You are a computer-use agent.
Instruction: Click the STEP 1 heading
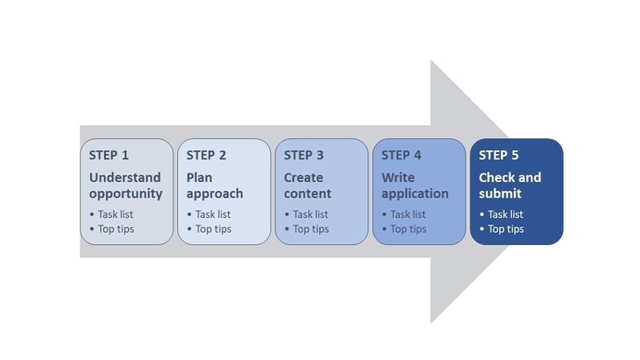pos(109,155)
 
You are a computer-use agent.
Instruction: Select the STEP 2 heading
pos(206,155)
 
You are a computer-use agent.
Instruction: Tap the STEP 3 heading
pos(304,155)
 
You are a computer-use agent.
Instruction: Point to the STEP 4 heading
pos(402,155)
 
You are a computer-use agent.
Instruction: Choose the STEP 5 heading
pos(499,155)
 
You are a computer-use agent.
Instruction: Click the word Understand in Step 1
pos(125,177)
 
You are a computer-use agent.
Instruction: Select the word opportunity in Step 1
pos(126,194)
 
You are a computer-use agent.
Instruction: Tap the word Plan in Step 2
pos(199,177)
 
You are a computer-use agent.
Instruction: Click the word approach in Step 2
pos(214,194)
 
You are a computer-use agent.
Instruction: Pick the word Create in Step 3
pos(303,177)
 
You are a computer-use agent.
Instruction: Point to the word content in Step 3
pos(307,194)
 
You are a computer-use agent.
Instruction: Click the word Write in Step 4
pos(398,177)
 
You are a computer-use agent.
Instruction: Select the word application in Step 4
pos(415,194)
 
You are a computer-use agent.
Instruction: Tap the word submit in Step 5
pos(500,194)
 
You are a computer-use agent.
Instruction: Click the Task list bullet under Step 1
pos(115,214)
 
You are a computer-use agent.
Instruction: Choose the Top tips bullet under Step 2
pos(212,229)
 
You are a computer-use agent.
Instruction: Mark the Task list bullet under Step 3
pos(310,214)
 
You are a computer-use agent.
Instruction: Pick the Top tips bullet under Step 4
pos(407,229)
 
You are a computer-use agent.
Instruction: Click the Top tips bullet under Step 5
pos(505,229)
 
